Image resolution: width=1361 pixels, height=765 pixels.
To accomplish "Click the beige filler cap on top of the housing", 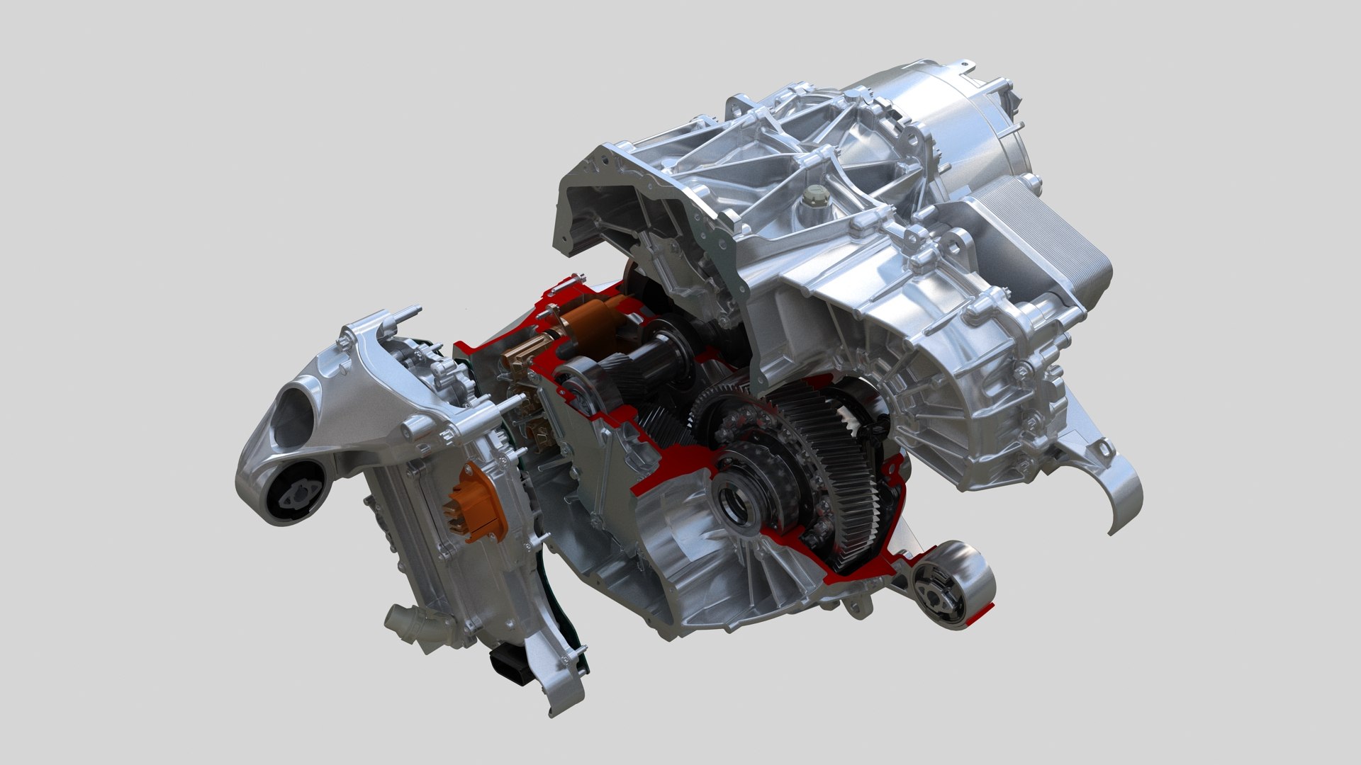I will click(x=814, y=194).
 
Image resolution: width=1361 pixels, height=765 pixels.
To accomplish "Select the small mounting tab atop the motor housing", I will click(x=968, y=67).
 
